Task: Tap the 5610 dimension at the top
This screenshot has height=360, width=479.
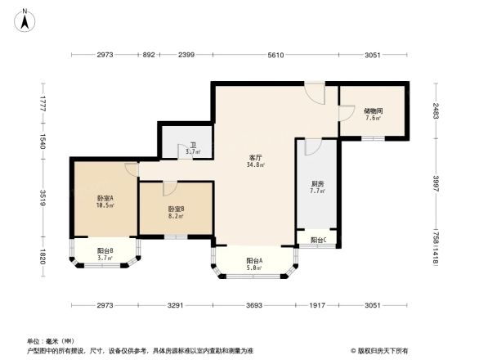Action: pos(275,55)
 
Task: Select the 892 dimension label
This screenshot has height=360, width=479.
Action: pos(148,55)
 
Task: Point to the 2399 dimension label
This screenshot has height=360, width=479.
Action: pos(186,55)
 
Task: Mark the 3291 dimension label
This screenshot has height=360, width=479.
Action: pos(176,305)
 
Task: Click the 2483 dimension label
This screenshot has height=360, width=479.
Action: pos(436,110)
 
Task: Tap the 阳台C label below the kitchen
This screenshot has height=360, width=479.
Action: pos(318,240)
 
